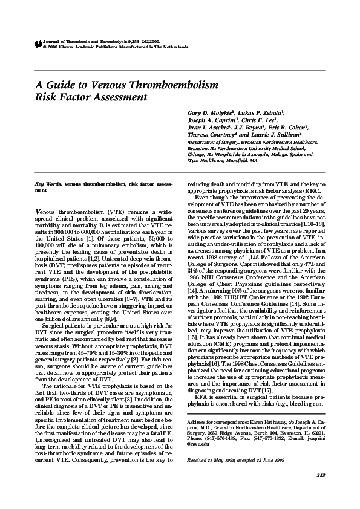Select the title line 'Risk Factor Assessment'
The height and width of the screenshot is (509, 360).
tap(91, 97)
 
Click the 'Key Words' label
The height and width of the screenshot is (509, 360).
tap(48, 183)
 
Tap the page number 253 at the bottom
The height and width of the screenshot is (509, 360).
tap(321, 476)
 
